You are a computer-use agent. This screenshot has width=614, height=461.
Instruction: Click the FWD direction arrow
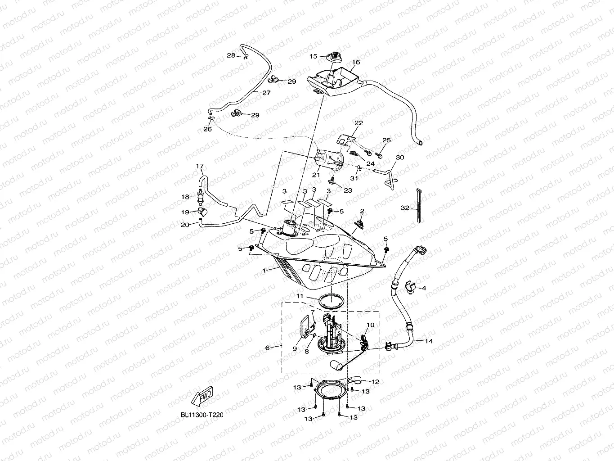[x=203, y=394]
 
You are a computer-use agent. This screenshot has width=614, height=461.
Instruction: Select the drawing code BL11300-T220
[x=199, y=415]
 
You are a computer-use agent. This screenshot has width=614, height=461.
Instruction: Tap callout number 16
[x=356, y=62]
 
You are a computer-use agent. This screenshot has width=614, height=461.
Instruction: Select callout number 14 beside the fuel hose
[x=429, y=341]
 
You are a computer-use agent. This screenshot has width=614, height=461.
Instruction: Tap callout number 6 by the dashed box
[x=268, y=348]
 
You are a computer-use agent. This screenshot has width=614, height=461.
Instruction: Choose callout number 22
[x=359, y=122]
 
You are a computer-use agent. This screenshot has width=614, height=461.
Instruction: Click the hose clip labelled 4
[x=411, y=286]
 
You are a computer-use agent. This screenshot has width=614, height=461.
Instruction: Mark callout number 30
[x=399, y=158]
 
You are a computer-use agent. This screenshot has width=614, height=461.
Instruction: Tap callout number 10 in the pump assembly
[x=370, y=325]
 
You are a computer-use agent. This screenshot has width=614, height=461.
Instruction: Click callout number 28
[x=231, y=55]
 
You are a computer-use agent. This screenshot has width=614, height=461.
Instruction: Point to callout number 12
[x=375, y=382]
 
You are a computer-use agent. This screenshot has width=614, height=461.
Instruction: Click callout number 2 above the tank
[x=362, y=211]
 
